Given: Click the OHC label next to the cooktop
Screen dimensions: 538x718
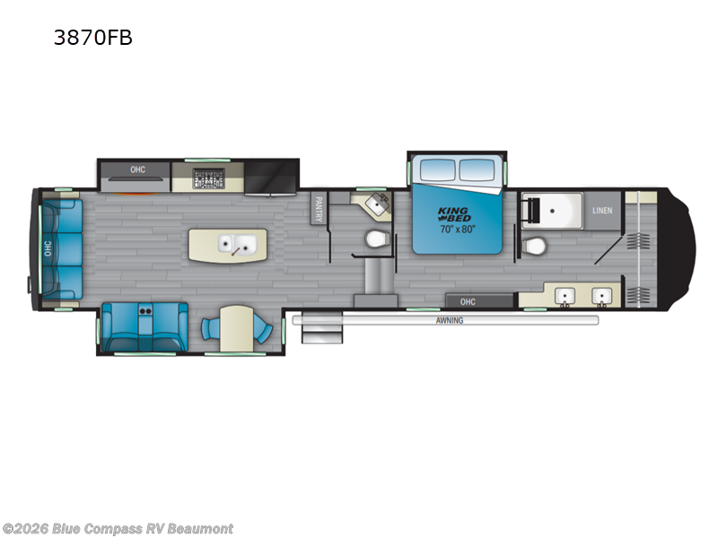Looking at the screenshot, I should pos(137,169).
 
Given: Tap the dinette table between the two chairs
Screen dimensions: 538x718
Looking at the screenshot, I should pos(236,328).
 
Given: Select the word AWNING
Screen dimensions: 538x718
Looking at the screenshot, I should pos(450,320).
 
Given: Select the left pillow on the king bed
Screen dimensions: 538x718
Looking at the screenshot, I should pos(437,169).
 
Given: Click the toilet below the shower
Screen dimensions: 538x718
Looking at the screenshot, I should pos(537,244).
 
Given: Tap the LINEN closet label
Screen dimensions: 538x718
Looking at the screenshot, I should pos(602,212).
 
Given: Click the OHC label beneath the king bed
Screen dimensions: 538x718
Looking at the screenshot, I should pos(468,301).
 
